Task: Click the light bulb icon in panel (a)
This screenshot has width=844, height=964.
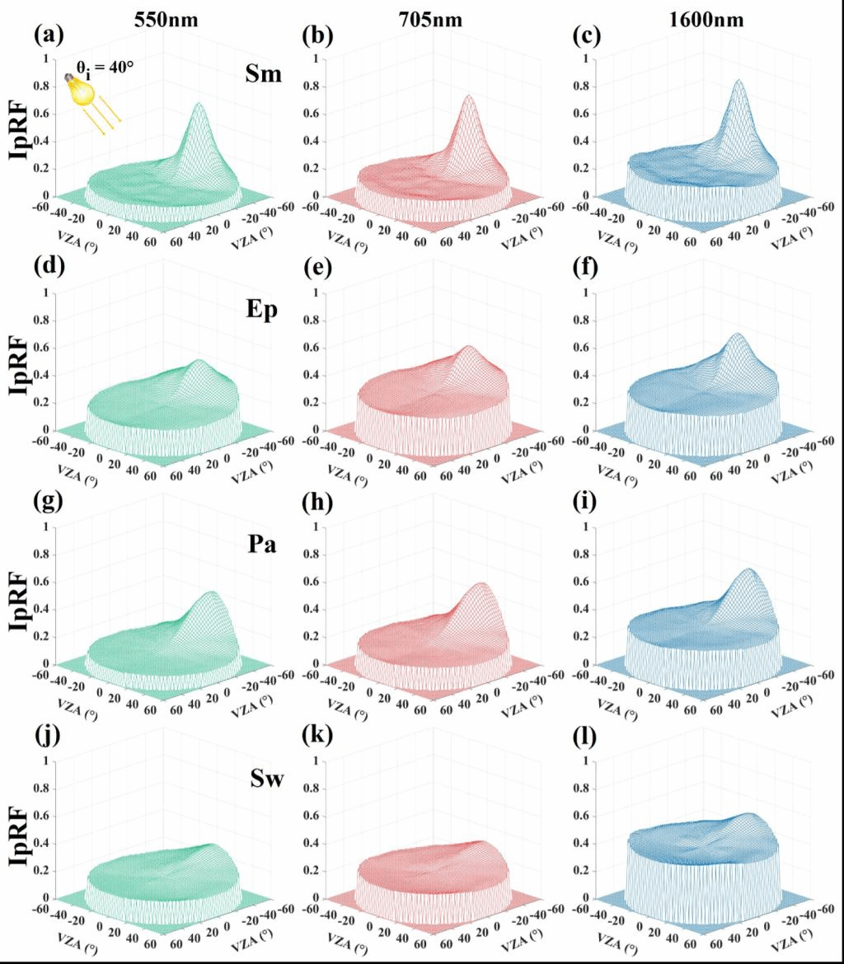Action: point(80,90)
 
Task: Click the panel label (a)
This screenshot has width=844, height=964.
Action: point(48,35)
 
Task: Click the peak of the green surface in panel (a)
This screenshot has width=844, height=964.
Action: point(199,104)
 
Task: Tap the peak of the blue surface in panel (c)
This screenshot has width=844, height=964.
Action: point(738,81)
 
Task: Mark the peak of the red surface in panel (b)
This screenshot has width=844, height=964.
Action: point(469,96)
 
